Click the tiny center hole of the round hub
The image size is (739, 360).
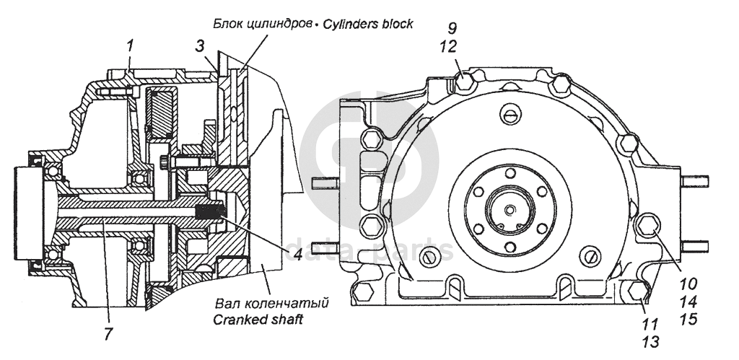[510, 209]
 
